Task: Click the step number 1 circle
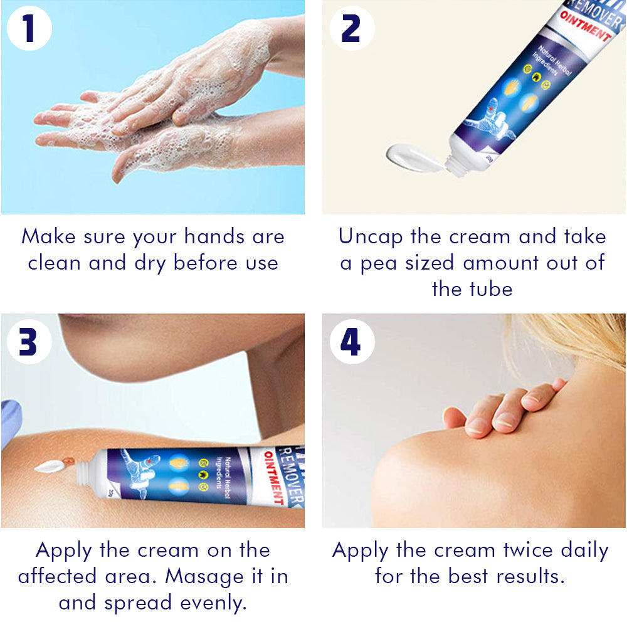(x=29, y=28)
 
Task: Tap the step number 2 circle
(x=352, y=28)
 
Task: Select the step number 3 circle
(x=29, y=342)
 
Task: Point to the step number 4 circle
(x=352, y=342)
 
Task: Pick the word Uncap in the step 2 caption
(x=371, y=237)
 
